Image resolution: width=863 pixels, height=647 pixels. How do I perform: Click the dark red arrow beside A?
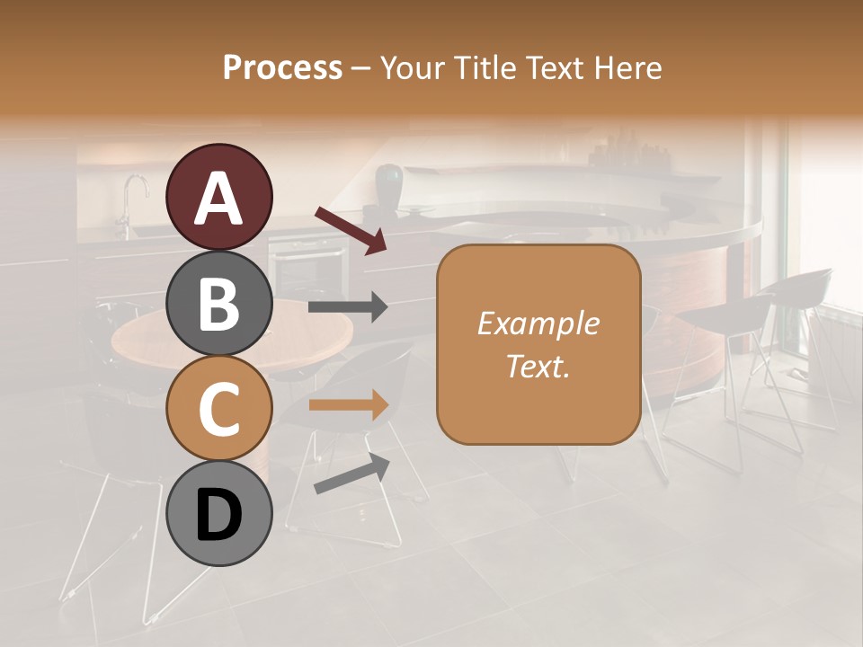coord(351,230)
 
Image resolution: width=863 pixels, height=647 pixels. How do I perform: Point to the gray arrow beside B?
coord(348,307)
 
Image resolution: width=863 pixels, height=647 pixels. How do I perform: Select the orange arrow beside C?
coord(348,405)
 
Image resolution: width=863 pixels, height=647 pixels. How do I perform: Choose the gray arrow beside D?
coord(351,474)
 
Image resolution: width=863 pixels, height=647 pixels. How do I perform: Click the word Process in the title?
coord(282,67)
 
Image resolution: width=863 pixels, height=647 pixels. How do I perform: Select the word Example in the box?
coord(538,323)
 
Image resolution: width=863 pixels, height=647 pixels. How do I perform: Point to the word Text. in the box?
coord(538,366)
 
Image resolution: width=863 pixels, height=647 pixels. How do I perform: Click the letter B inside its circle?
coord(218,305)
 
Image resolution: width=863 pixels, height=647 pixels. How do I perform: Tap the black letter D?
coord(218,517)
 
